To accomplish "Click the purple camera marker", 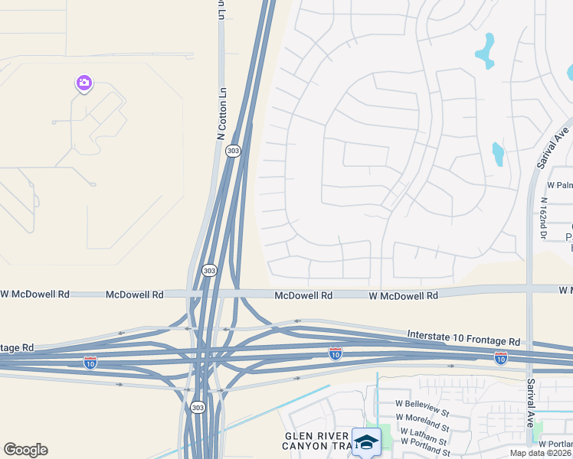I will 84,83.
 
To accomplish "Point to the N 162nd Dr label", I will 542,219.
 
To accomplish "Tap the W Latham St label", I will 423,435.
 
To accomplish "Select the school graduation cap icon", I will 366,442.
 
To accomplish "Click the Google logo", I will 25,450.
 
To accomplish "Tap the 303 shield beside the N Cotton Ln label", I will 233,151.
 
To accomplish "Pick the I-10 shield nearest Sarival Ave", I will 500,357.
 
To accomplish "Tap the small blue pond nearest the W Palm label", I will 498,155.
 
